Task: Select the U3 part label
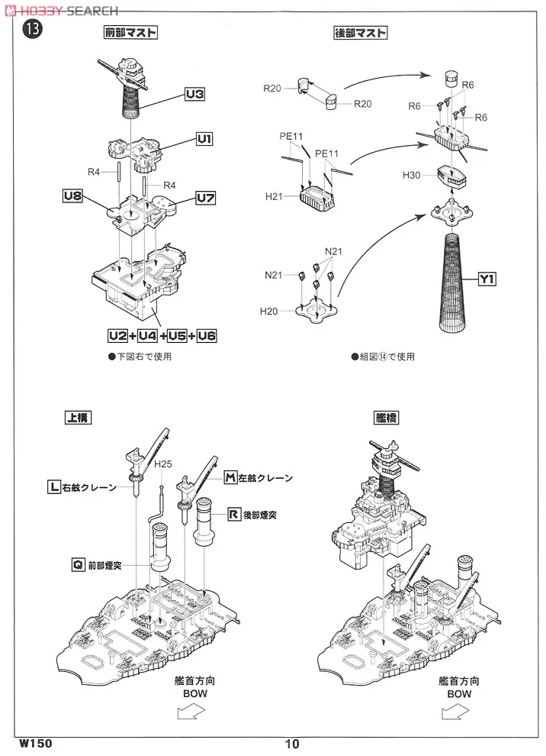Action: coord(195,95)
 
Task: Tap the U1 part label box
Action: coord(204,138)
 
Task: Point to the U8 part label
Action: coord(72,196)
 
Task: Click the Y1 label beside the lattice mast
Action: coord(488,279)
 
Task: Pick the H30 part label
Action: coord(413,176)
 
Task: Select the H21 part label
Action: coord(275,197)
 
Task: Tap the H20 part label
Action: coord(269,311)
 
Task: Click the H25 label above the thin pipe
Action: coord(163,464)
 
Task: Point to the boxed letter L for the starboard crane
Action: coord(53,486)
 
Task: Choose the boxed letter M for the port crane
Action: coord(231,478)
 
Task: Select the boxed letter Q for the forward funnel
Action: coord(77,565)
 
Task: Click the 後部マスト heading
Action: coord(360,33)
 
